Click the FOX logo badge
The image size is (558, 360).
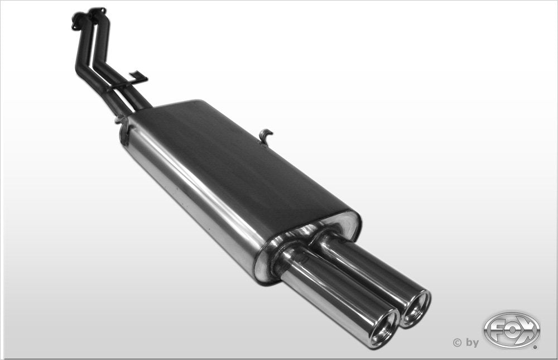(x=511, y=330)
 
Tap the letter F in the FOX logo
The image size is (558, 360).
(x=496, y=330)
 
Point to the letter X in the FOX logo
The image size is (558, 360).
(x=527, y=330)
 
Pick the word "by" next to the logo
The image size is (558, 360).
(x=472, y=343)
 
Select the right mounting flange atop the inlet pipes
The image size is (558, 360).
(x=97, y=12)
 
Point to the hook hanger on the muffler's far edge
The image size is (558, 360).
(x=266, y=136)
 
